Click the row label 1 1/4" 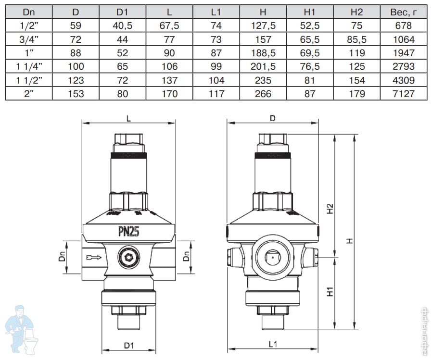point(28,66)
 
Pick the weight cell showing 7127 point(403,93)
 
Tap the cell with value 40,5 point(122,26)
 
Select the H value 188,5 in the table point(263,53)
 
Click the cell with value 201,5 point(263,66)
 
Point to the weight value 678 point(403,26)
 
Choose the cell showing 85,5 point(356,39)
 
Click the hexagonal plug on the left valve point(128,258)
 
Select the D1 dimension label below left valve point(128,345)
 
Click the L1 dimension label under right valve point(272,344)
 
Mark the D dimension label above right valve point(272,118)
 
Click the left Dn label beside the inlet point(62,258)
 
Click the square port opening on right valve point(272,258)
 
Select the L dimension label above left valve point(128,118)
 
